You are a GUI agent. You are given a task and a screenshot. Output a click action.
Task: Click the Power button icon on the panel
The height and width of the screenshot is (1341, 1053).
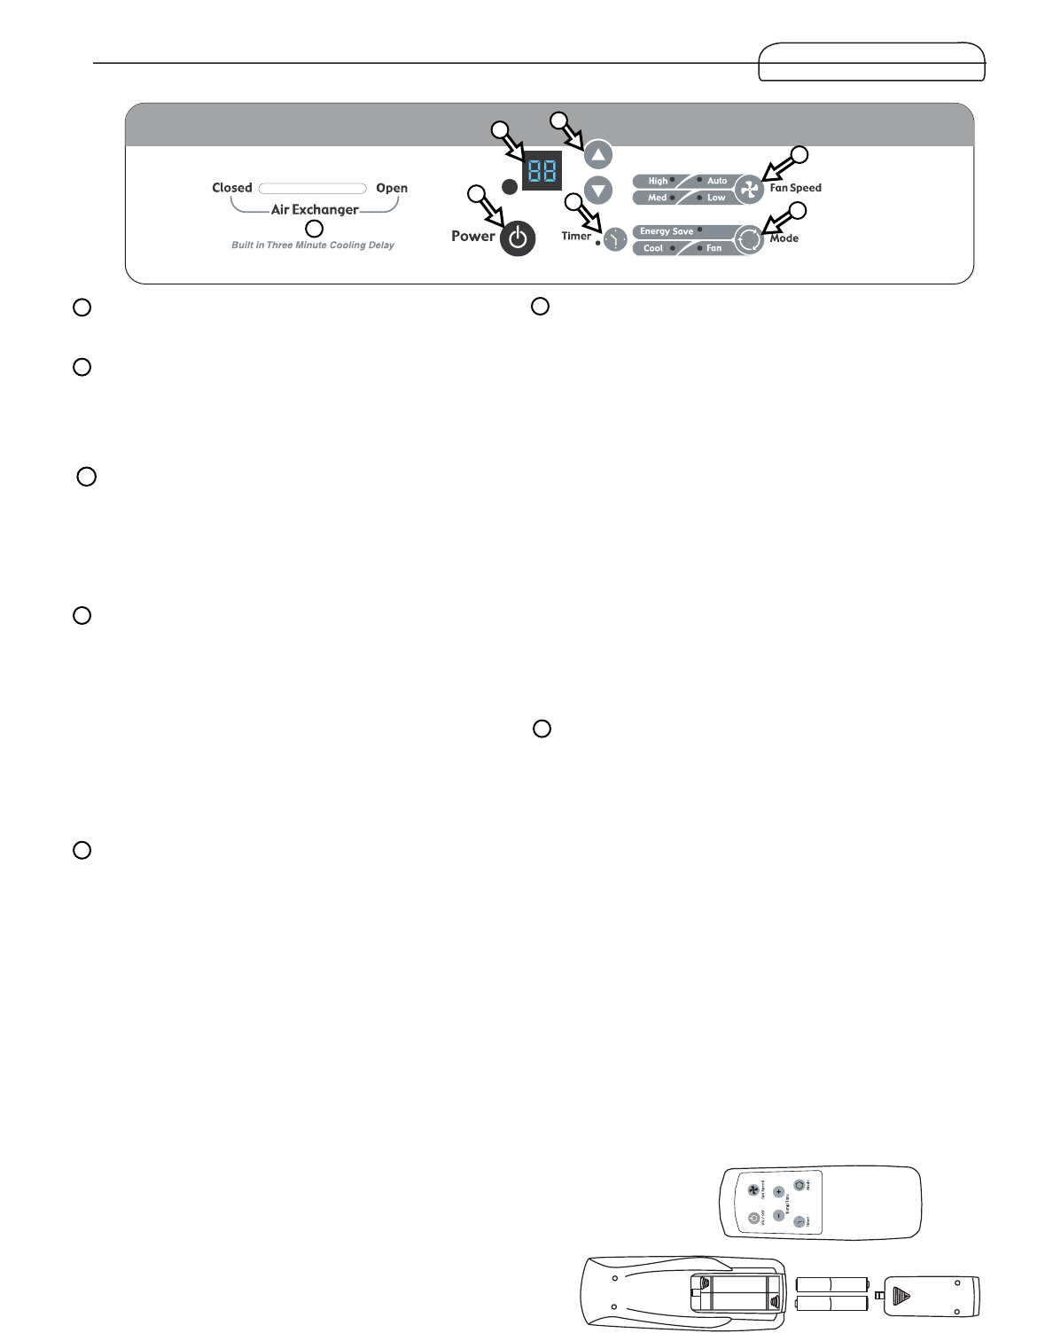coord(518,239)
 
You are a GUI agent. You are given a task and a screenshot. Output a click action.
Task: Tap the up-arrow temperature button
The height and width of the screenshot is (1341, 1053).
coord(598,155)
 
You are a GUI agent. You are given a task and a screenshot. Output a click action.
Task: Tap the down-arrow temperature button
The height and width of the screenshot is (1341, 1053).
coord(598,190)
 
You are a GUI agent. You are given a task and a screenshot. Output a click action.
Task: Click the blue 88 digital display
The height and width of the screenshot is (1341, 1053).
coord(542,171)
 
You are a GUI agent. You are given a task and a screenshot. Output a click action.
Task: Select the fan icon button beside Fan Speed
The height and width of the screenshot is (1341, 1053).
coord(749,189)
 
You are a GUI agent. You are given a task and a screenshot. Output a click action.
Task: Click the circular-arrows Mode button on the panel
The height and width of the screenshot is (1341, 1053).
coord(749,239)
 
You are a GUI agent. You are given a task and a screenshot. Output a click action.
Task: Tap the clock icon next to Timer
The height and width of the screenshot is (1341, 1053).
coord(615,239)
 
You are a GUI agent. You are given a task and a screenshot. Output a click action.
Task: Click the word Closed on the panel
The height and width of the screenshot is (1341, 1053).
coord(232,188)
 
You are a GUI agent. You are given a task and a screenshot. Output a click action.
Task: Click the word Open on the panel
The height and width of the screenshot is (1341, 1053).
coord(392,188)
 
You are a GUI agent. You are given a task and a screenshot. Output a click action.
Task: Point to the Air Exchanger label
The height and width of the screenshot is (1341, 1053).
coord(315,210)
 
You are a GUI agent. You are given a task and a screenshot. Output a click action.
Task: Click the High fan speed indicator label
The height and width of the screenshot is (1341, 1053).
coord(658,181)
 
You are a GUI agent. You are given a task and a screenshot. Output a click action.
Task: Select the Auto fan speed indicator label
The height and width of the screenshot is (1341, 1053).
coord(717,181)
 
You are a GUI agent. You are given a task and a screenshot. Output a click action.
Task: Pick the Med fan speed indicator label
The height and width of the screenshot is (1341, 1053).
coord(658,198)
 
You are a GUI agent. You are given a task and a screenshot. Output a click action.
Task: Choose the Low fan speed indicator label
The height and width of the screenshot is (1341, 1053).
coord(716,198)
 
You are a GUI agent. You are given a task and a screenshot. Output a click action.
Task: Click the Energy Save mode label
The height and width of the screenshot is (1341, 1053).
coord(667,231)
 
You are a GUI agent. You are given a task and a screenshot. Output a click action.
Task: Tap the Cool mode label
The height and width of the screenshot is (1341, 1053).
coord(653,248)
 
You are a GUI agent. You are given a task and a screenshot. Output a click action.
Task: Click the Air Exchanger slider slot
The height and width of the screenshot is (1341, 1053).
coord(313,188)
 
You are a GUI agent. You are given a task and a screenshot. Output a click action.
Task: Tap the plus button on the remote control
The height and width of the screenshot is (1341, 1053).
coord(778,1192)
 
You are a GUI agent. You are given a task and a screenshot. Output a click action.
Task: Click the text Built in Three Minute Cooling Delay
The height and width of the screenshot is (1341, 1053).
coord(313,246)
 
